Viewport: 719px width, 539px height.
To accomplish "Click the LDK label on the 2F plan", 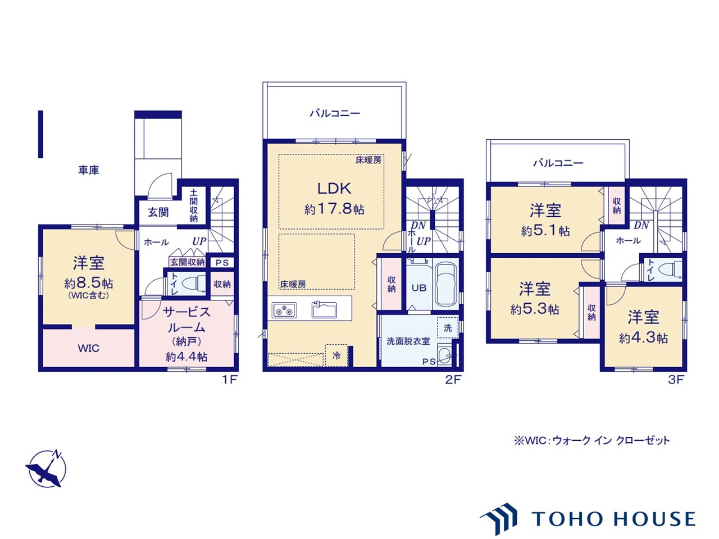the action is (x=334, y=189).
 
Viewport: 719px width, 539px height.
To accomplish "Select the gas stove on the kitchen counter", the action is (x=284, y=310).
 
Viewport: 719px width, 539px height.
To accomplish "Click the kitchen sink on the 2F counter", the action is (x=324, y=309).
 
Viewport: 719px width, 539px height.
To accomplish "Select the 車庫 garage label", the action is (x=88, y=170).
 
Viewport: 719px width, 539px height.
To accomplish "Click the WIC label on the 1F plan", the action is (x=88, y=348).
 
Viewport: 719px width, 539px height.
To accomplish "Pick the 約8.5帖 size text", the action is (x=88, y=283).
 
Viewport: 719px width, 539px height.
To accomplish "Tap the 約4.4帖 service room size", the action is (x=186, y=357).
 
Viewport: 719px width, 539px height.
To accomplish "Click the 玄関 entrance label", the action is (x=158, y=212).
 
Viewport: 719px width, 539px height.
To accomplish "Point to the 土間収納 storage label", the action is (x=194, y=205).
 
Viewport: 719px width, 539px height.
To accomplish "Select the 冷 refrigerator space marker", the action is (x=336, y=356).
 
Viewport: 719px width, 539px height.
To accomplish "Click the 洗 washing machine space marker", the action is (x=448, y=327).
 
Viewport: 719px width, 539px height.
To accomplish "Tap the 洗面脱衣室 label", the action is (x=408, y=341).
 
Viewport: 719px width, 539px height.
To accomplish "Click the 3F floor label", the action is (x=676, y=380).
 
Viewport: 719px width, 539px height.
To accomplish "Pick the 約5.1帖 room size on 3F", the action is (x=545, y=231).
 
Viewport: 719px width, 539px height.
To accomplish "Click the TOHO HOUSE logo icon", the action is (x=499, y=518).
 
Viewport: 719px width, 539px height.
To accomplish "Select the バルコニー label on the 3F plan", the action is (x=558, y=163).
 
